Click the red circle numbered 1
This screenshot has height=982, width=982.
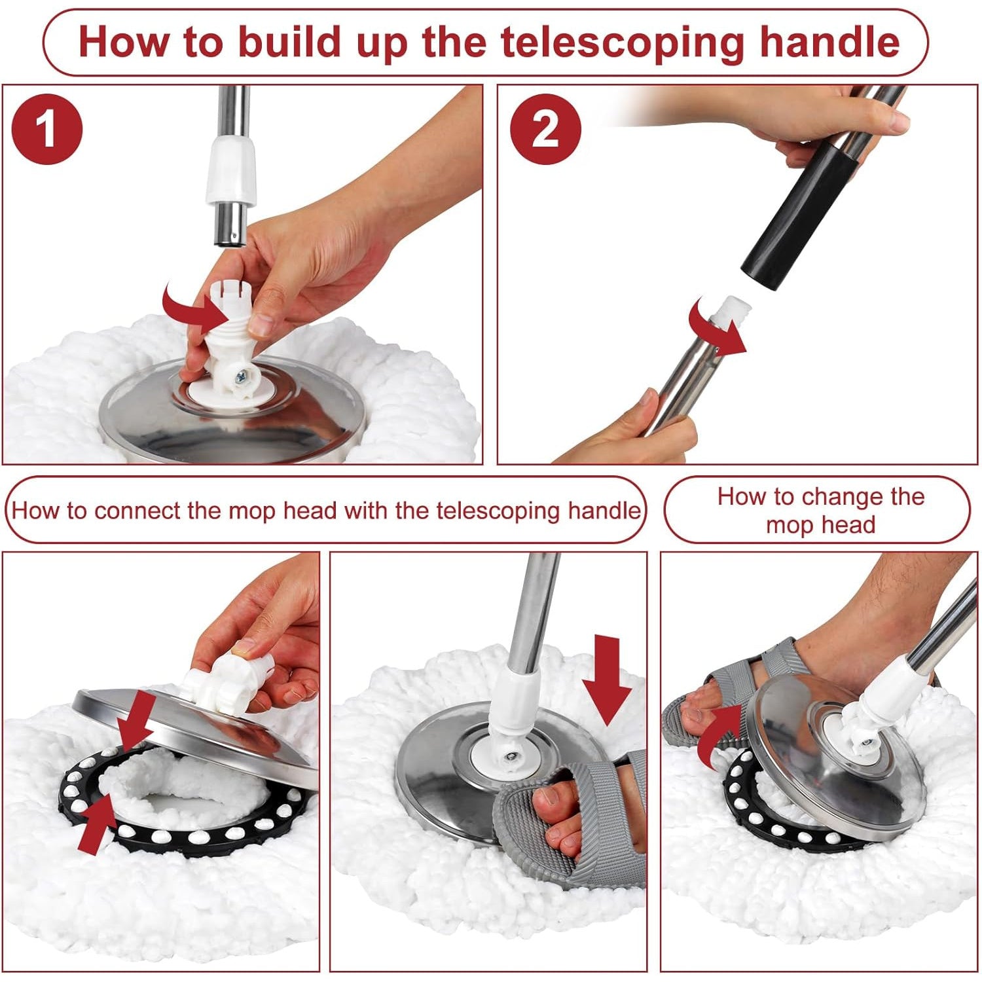click(46, 128)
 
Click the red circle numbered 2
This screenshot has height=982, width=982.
click(545, 128)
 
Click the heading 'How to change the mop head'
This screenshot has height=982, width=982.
click(820, 510)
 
